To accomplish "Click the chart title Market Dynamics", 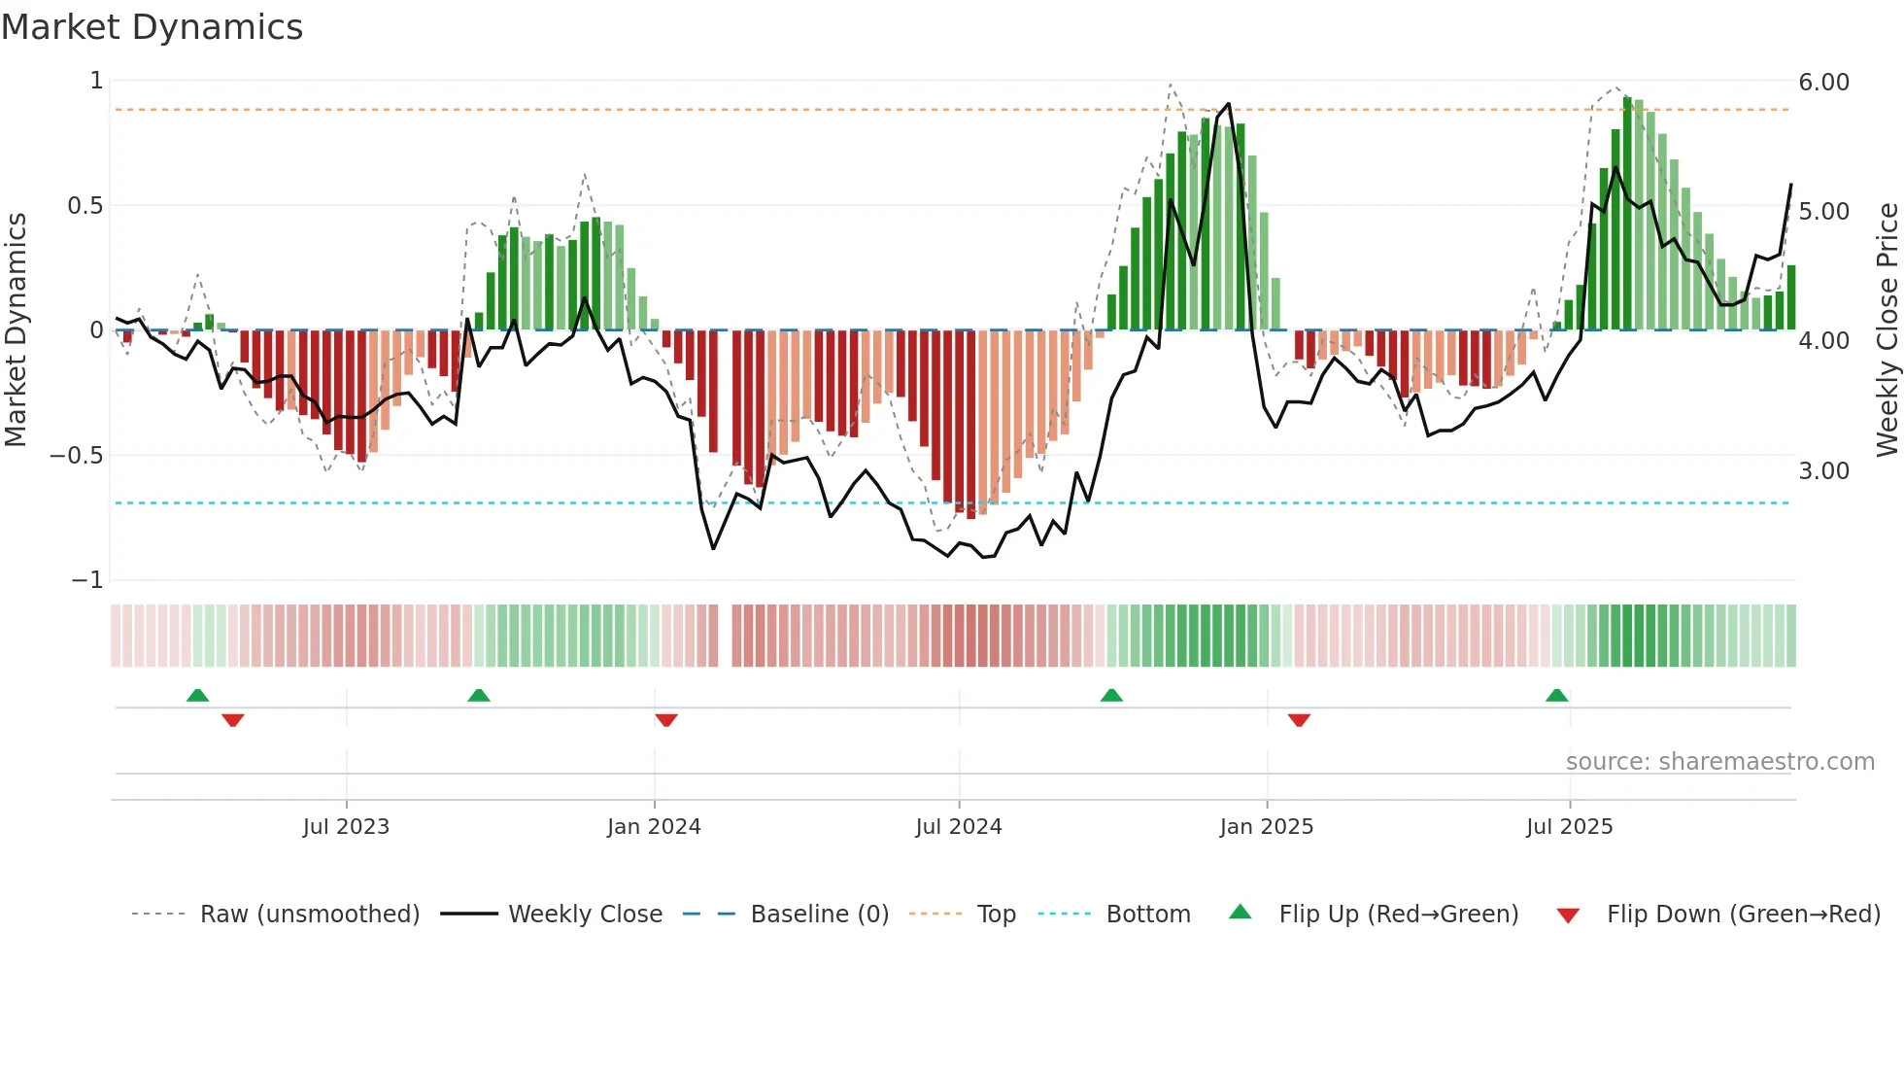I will (152, 27).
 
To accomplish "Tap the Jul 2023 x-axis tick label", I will (346, 827).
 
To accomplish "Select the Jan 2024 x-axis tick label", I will (654, 827).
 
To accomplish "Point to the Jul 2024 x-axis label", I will (958, 827).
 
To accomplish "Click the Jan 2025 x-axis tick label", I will (1266, 827).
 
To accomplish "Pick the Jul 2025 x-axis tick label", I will (1569, 827).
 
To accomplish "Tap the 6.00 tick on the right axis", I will (1823, 83).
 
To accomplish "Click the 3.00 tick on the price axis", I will (1823, 471).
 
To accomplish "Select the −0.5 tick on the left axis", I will (76, 456).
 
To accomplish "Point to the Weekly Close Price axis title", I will (1887, 329).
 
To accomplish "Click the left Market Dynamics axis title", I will (16, 329).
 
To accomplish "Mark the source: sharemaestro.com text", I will (1719, 762).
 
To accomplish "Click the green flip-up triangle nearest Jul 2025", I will (1556, 696).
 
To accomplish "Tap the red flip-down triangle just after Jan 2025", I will (1299, 720).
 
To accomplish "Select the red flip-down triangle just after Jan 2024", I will (665, 720).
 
